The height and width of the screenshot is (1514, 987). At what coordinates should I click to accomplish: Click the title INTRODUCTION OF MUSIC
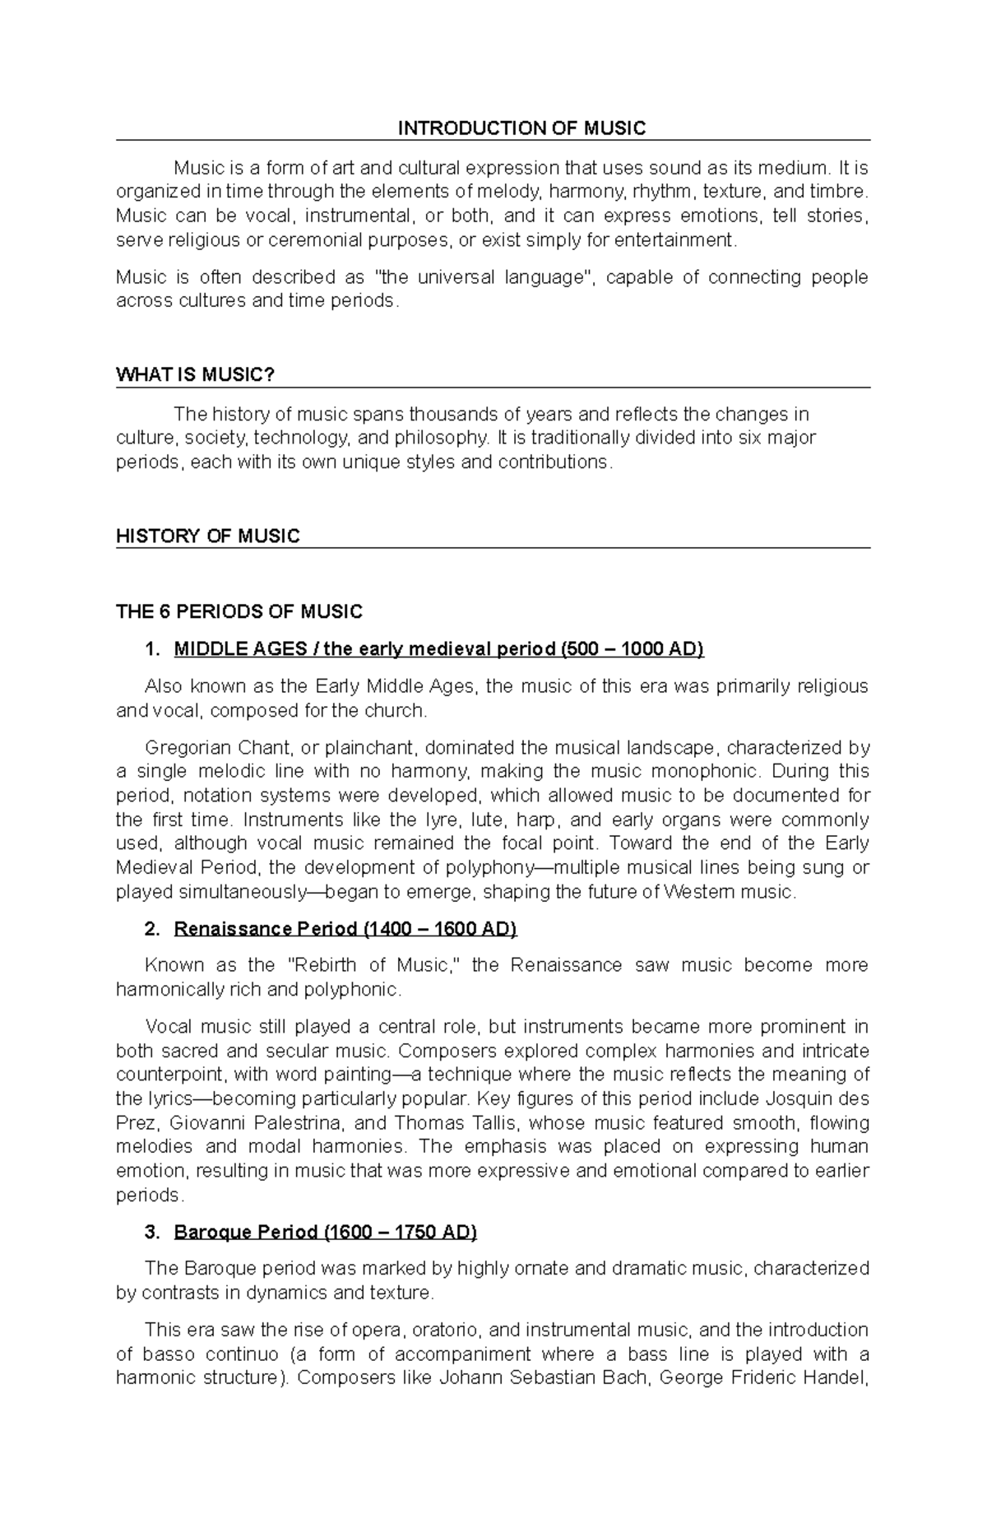click(521, 128)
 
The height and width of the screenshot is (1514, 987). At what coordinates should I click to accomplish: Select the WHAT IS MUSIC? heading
click(195, 375)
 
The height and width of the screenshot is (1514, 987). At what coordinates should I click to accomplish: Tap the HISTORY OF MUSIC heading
click(208, 536)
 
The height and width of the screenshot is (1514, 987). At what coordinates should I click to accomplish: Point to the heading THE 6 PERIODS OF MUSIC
click(239, 612)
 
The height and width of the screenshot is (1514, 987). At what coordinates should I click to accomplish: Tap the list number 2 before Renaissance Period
click(151, 930)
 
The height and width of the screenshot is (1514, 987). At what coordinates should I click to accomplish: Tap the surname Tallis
click(484, 1123)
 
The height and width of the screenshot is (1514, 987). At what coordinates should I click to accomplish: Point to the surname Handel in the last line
click(840, 1378)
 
